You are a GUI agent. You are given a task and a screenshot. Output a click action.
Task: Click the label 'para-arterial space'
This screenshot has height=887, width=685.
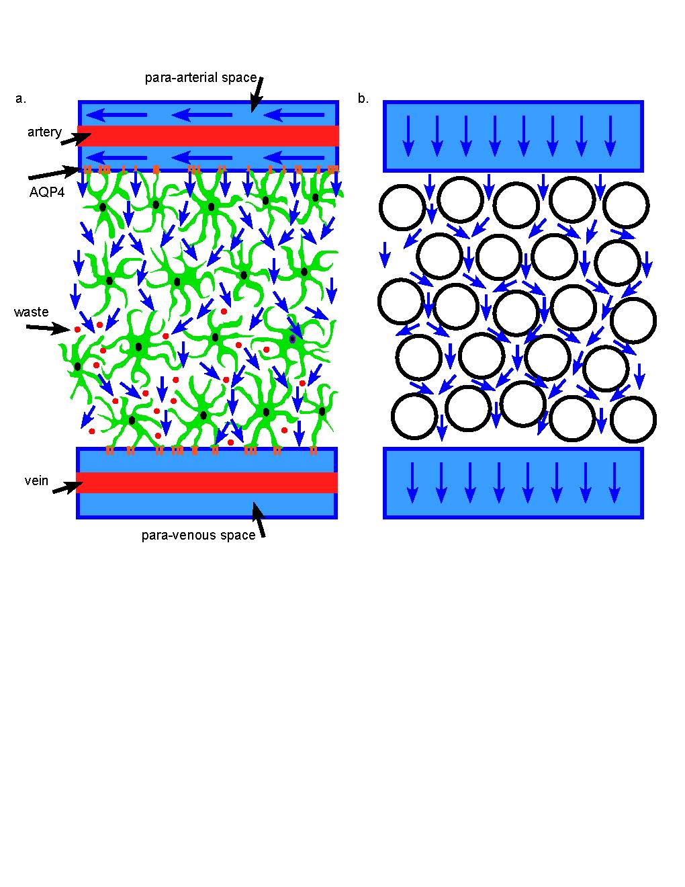coord(200,77)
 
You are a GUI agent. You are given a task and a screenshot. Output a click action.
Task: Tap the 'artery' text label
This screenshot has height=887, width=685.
coord(44,132)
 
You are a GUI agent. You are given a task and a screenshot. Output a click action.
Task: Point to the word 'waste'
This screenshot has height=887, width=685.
coord(31,312)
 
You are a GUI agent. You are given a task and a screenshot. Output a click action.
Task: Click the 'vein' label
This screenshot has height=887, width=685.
coord(36,480)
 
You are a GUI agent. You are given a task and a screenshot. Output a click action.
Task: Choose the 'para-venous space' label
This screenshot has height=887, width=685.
coord(198,535)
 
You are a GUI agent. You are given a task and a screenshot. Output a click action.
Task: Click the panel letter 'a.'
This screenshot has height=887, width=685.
coord(20,99)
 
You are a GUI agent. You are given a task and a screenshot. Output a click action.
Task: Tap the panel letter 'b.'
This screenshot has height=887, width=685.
coord(363,99)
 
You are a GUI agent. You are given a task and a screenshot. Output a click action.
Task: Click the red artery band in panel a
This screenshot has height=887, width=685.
coord(208,136)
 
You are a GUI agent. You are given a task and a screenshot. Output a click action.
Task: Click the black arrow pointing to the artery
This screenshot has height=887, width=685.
coord(76,138)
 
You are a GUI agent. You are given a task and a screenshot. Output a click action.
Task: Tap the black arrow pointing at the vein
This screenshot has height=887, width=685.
coord(67,485)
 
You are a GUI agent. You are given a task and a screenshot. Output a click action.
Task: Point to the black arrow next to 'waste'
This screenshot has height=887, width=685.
coord(48,328)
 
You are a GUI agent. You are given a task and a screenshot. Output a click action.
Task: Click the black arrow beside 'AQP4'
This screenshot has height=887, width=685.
coord(54,173)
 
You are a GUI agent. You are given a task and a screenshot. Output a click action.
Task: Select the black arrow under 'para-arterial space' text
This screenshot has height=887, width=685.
coord(257,94)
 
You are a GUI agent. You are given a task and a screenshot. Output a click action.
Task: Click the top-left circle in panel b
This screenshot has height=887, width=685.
coord(402,206)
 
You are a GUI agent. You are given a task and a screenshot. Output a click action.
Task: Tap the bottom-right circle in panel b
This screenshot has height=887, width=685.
coord(633,420)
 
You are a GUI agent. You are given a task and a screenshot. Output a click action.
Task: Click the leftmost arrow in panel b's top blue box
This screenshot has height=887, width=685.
coord(408,135)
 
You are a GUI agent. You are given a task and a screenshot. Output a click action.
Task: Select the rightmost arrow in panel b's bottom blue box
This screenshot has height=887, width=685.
coord(614,482)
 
